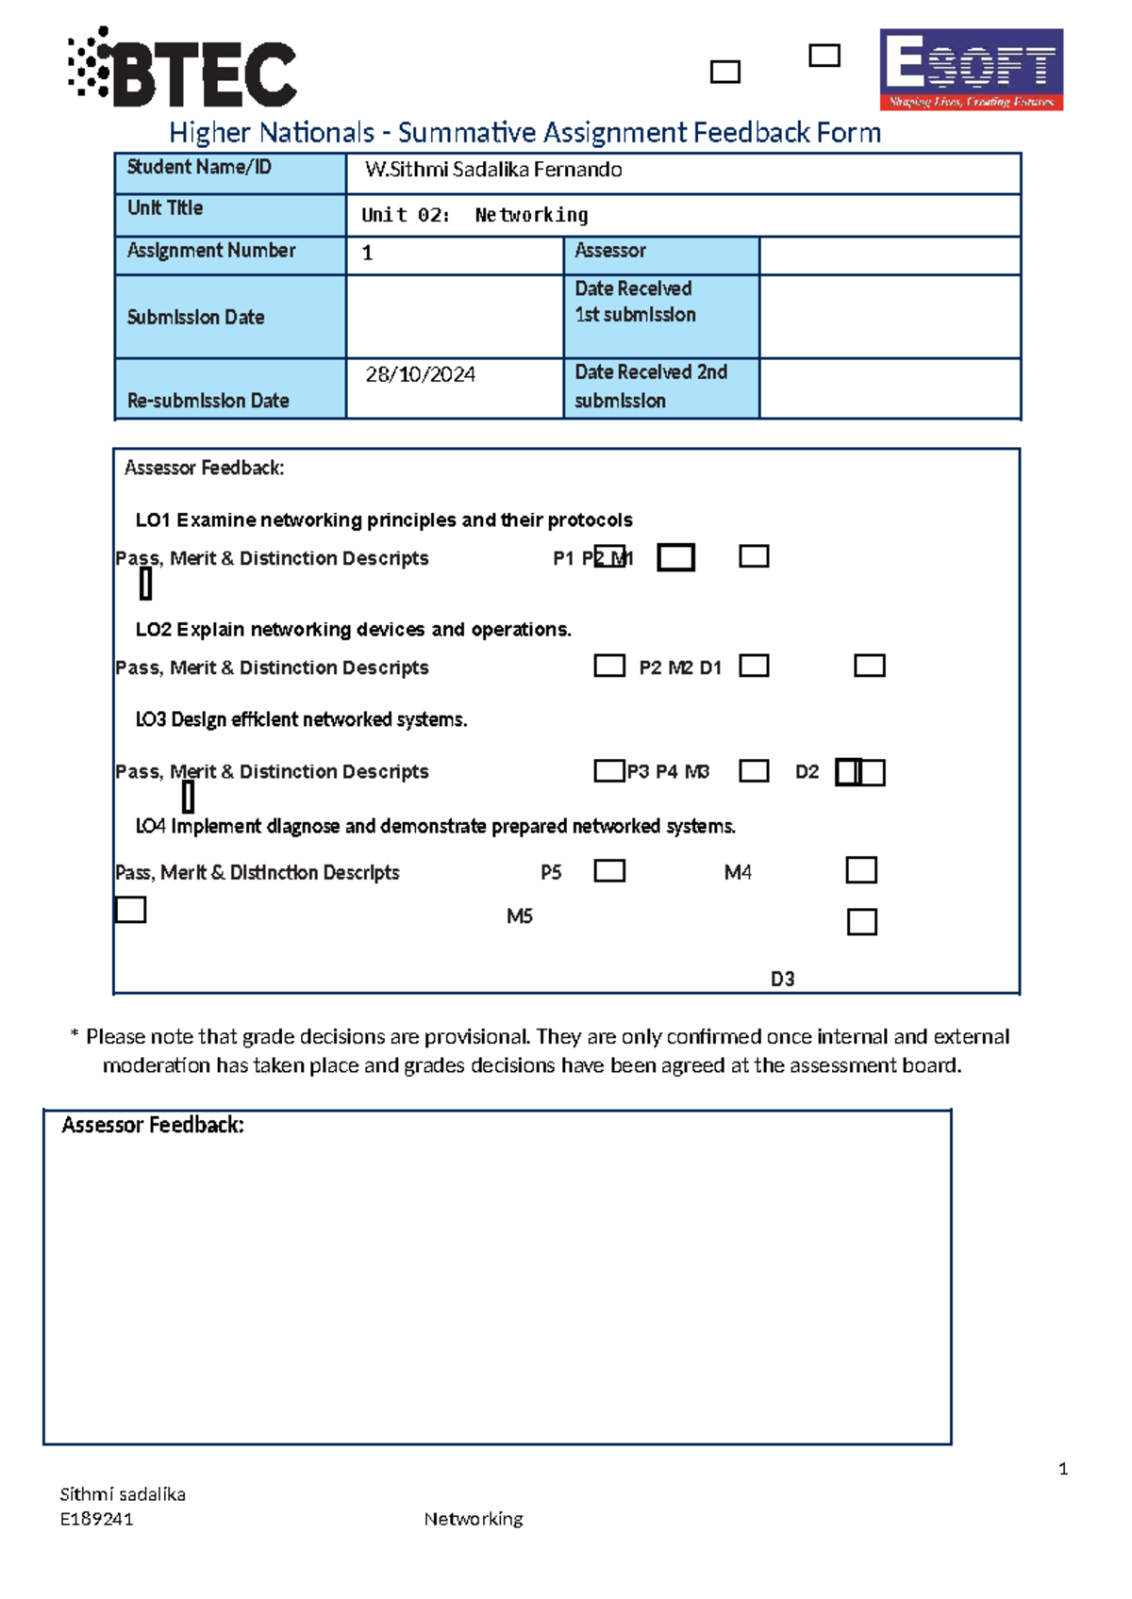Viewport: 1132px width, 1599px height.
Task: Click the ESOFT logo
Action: point(971,69)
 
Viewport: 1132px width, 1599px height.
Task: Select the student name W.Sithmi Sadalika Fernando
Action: point(493,170)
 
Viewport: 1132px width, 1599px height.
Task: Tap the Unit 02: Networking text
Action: point(474,215)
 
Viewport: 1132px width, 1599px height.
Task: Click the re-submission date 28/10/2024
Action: point(421,374)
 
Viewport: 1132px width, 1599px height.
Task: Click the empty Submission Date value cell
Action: point(454,317)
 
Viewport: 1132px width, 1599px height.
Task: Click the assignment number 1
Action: point(368,253)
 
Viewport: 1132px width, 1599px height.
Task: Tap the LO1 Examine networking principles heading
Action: point(384,520)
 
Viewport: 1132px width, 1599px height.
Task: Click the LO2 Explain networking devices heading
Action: point(354,630)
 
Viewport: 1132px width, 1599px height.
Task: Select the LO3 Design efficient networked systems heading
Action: point(302,719)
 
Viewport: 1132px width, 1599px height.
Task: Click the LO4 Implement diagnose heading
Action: point(435,827)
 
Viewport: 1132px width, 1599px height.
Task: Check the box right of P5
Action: point(609,870)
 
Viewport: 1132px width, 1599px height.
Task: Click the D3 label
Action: point(782,979)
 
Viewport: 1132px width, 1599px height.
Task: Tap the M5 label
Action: point(520,916)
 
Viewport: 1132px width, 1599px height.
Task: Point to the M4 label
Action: point(738,872)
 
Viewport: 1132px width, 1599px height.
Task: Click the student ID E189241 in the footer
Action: point(96,1519)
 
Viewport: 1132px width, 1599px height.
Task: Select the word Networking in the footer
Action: point(474,1519)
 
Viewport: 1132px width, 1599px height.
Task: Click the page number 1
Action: point(1063,1469)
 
